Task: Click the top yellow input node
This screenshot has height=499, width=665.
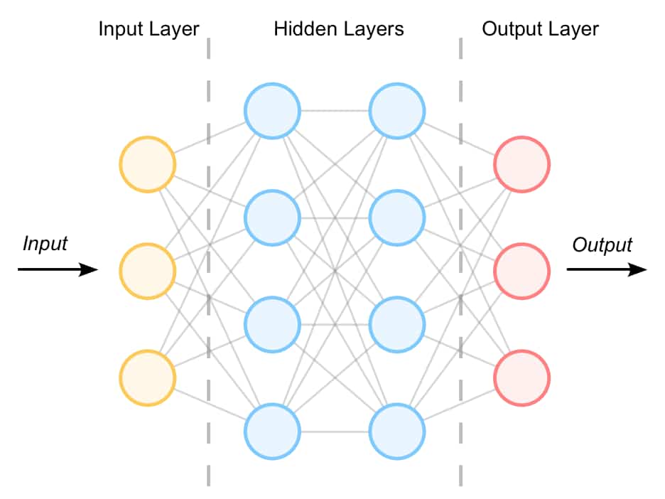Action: (x=147, y=165)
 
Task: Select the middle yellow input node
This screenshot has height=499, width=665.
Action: (x=147, y=271)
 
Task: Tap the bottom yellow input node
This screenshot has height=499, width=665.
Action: (x=147, y=377)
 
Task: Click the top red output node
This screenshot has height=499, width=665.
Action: (x=521, y=165)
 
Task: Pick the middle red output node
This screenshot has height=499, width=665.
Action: (x=521, y=271)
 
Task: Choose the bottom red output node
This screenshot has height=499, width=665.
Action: (x=521, y=377)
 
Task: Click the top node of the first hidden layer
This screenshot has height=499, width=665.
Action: (x=272, y=112)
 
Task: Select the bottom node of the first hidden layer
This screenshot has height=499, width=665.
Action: (x=272, y=431)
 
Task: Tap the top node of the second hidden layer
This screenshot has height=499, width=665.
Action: (x=397, y=112)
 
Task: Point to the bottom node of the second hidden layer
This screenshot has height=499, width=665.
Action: (x=397, y=431)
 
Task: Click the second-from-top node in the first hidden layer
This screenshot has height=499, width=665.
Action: (x=272, y=218)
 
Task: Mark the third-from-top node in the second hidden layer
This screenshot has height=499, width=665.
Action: (x=397, y=325)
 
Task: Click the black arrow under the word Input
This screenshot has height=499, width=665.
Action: (x=58, y=269)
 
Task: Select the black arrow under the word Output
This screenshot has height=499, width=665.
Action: (x=606, y=269)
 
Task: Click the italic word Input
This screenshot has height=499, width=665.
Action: (x=45, y=244)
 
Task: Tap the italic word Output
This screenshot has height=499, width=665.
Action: (x=602, y=245)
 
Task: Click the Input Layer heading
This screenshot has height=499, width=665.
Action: (x=148, y=30)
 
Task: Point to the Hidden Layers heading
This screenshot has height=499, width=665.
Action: (x=339, y=30)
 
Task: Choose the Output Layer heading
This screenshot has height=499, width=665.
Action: (x=540, y=30)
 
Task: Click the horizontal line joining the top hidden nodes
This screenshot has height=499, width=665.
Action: (x=335, y=112)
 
